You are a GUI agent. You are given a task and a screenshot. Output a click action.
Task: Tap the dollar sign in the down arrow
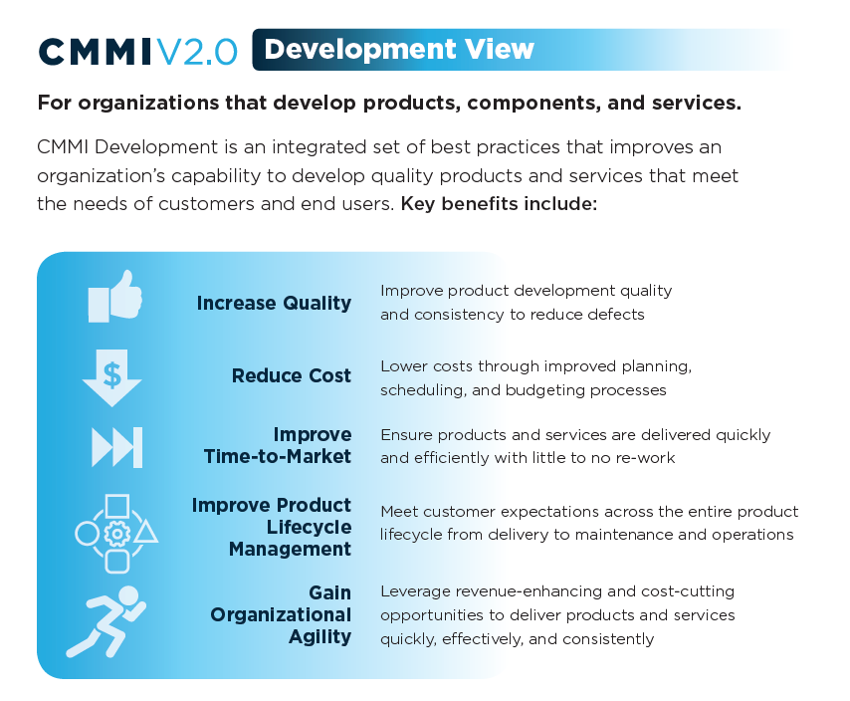[112, 375]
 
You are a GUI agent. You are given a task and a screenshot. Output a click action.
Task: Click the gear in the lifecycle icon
[117, 534]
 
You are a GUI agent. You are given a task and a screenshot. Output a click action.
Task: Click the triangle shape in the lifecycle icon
[146, 532]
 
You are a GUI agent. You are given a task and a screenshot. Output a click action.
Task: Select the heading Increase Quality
[274, 303]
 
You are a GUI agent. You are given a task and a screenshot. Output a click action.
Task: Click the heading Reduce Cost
[292, 375]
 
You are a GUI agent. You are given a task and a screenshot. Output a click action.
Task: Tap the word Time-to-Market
[278, 457]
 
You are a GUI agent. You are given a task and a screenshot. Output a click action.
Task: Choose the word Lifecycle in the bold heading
[309, 527]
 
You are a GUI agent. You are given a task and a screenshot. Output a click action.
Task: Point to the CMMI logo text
[97, 51]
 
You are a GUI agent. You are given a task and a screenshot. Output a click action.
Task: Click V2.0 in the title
[197, 51]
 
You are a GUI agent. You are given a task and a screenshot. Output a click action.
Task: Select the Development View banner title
[399, 49]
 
